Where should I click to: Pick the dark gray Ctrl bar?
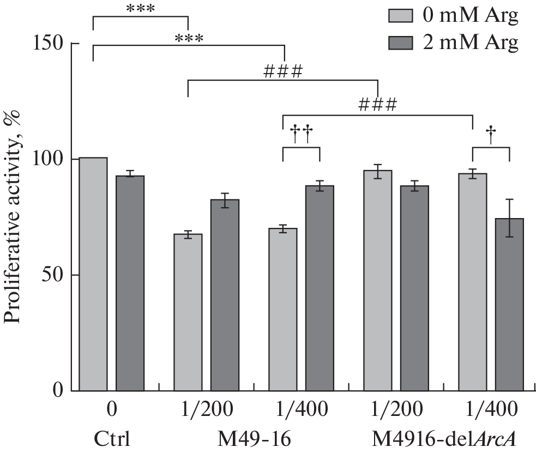tap(130, 283)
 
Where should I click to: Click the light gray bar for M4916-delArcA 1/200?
tap(377, 280)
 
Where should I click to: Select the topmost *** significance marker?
tap(140, 8)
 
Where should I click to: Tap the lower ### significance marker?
tap(377, 104)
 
